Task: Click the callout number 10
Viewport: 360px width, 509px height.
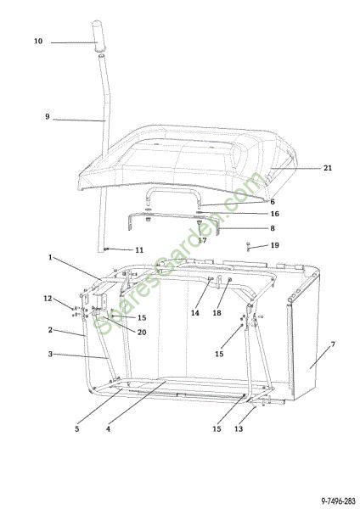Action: pyautogui.click(x=38, y=42)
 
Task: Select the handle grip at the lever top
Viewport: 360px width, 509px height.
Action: pyautogui.click(x=97, y=36)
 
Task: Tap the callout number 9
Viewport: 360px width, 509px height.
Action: pyautogui.click(x=48, y=116)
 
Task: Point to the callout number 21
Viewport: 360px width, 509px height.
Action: pyautogui.click(x=328, y=168)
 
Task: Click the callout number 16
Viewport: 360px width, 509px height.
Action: pyautogui.click(x=274, y=214)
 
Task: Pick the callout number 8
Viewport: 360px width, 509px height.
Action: pyautogui.click(x=273, y=228)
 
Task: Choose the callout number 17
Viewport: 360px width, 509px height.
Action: pyautogui.click(x=202, y=240)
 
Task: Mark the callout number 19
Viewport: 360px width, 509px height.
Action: pyautogui.click(x=274, y=245)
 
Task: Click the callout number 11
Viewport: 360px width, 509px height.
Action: pyautogui.click(x=139, y=250)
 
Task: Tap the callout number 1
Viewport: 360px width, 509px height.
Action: pyautogui.click(x=50, y=257)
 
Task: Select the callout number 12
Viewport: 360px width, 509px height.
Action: pyautogui.click(x=48, y=299)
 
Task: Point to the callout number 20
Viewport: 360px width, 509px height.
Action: pyautogui.click(x=142, y=332)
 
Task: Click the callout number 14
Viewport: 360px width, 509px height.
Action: pyautogui.click(x=195, y=313)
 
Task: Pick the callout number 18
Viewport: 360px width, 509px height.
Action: pyautogui.click(x=217, y=313)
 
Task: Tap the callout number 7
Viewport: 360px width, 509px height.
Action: pyautogui.click(x=333, y=344)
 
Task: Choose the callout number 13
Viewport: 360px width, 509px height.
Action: pyautogui.click(x=239, y=428)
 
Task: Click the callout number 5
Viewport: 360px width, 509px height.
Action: pyautogui.click(x=77, y=428)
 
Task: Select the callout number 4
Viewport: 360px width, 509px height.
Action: pyautogui.click(x=108, y=428)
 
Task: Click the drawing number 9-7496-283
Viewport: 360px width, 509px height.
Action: pyautogui.click(x=338, y=501)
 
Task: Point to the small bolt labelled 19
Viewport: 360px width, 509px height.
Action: pyautogui.click(x=249, y=247)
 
